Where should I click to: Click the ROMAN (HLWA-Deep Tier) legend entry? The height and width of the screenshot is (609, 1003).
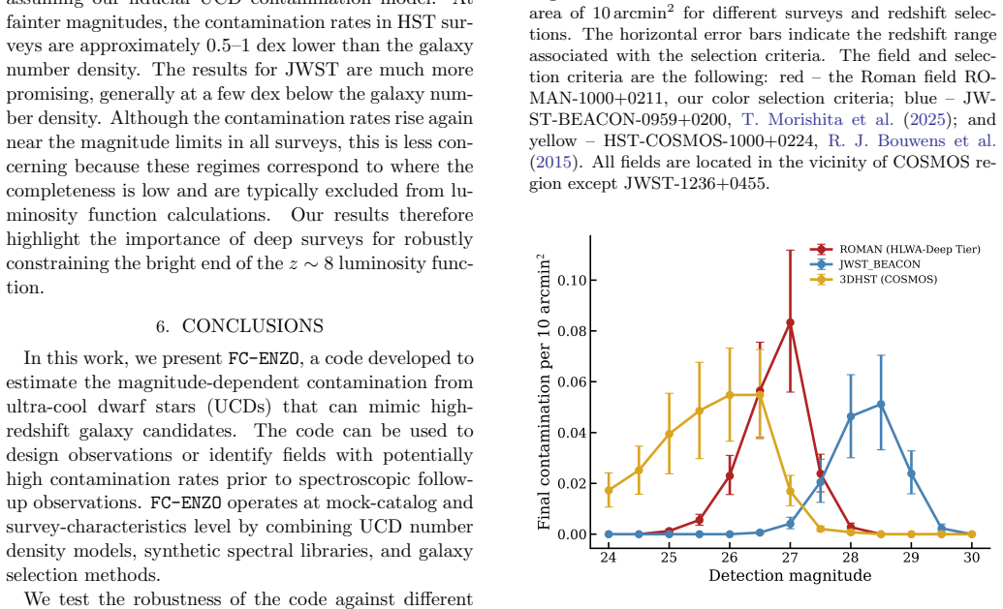tap(894, 249)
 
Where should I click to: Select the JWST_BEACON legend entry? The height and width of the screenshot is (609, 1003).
tap(864, 264)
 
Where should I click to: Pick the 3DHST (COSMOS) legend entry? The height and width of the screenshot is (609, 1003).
tap(873, 279)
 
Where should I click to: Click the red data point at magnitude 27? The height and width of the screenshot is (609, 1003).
tap(790, 322)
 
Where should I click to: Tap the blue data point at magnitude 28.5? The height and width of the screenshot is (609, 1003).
tap(881, 405)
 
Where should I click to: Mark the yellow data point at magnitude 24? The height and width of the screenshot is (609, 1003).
tap(609, 491)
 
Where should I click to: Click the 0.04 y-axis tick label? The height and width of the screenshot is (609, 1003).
tap(570, 433)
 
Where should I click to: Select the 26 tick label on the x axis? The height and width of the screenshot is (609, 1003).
tap(729, 558)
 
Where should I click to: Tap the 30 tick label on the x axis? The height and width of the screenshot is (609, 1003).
tap(972, 558)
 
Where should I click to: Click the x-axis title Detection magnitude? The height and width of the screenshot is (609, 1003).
tap(790, 576)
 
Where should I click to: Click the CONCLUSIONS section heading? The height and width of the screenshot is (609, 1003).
tap(240, 326)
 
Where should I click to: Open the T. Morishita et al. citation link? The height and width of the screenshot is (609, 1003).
tap(818, 119)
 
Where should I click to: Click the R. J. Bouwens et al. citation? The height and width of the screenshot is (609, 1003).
tap(912, 140)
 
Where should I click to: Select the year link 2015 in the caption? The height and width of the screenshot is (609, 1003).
tap(553, 163)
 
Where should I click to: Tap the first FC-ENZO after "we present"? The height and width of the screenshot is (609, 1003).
tap(264, 358)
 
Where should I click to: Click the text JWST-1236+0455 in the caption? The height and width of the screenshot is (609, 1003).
tap(695, 184)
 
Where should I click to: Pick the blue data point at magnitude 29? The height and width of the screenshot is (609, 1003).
tap(911, 474)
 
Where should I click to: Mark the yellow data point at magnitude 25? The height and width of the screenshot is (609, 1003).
tap(669, 434)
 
